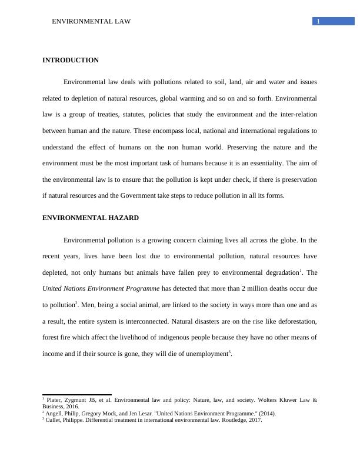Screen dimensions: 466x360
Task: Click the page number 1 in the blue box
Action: tap(318, 22)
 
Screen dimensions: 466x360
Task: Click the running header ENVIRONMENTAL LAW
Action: tap(91, 22)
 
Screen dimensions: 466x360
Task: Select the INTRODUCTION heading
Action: tap(71, 60)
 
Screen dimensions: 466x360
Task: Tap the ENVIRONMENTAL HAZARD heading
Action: tap(91, 218)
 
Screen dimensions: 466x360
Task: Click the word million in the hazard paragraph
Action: tap(251, 288)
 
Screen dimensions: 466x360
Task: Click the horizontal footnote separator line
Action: tap(77, 395)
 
